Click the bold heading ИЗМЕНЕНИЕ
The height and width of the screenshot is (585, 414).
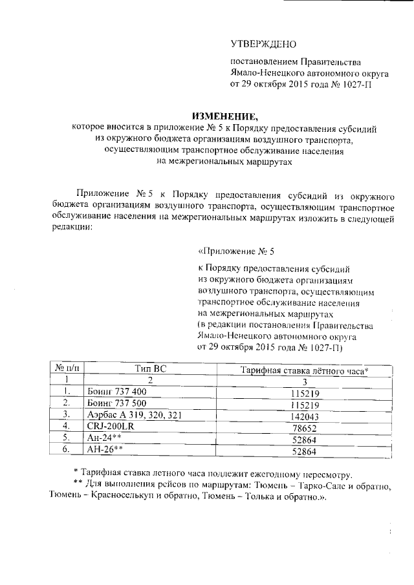pyautogui.click(x=208, y=116)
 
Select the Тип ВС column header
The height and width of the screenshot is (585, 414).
pyautogui.click(x=149, y=368)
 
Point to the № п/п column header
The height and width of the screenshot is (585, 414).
pyautogui.click(x=66, y=368)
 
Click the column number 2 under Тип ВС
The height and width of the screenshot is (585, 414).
pyautogui.click(x=149, y=380)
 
